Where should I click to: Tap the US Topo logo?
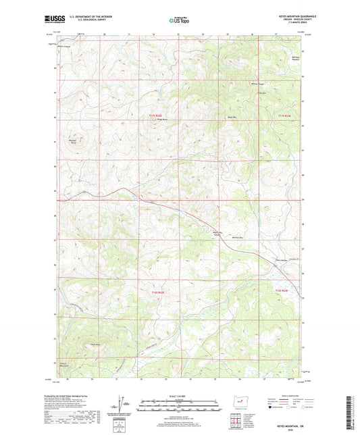[x=178, y=20]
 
